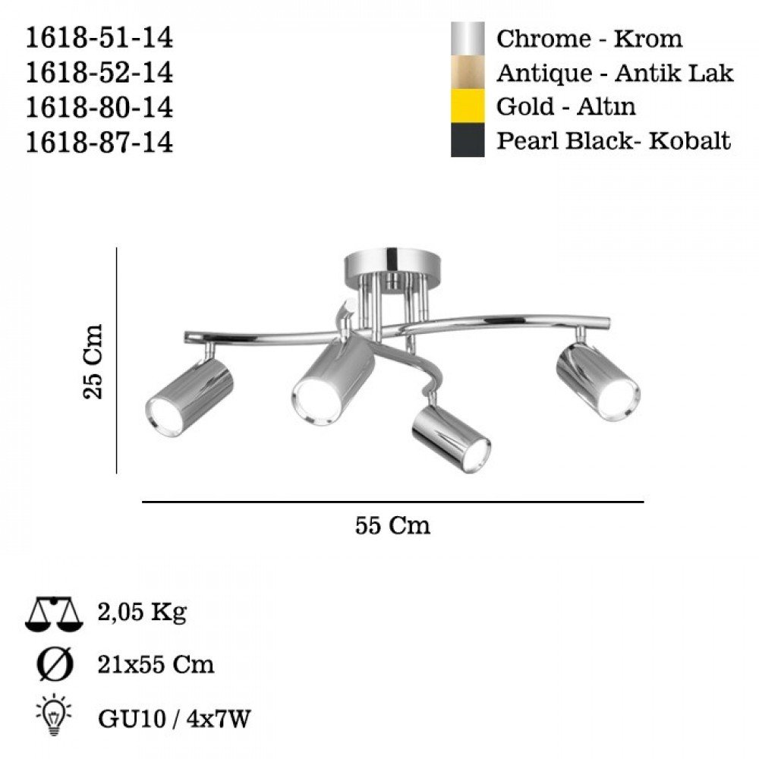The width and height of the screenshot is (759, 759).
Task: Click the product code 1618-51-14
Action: (x=99, y=38)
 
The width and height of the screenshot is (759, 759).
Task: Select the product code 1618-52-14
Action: (x=99, y=73)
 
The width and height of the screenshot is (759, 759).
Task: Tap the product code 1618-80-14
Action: (x=99, y=108)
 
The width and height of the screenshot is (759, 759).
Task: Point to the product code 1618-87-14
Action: (x=99, y=143)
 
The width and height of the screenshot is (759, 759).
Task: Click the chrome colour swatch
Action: (x=468, y=38)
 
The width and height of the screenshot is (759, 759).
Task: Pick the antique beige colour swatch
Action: (x=468, y=72)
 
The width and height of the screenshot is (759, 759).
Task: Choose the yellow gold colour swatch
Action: (x=468, y=106)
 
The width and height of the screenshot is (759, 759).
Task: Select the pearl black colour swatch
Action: (x=468, y=140)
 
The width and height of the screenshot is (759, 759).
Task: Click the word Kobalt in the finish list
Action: (x=689, y=141)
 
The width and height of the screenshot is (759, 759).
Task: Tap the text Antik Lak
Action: (x=674, y=73)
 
